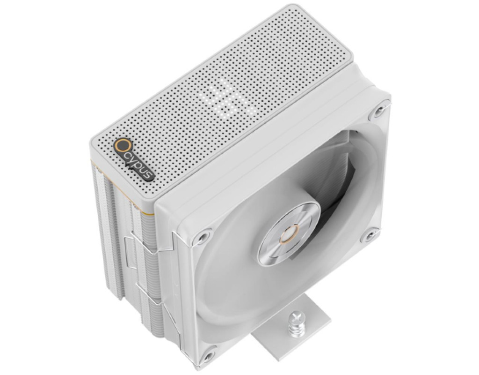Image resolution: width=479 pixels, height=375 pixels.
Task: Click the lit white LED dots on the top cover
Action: tap(228, 97)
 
